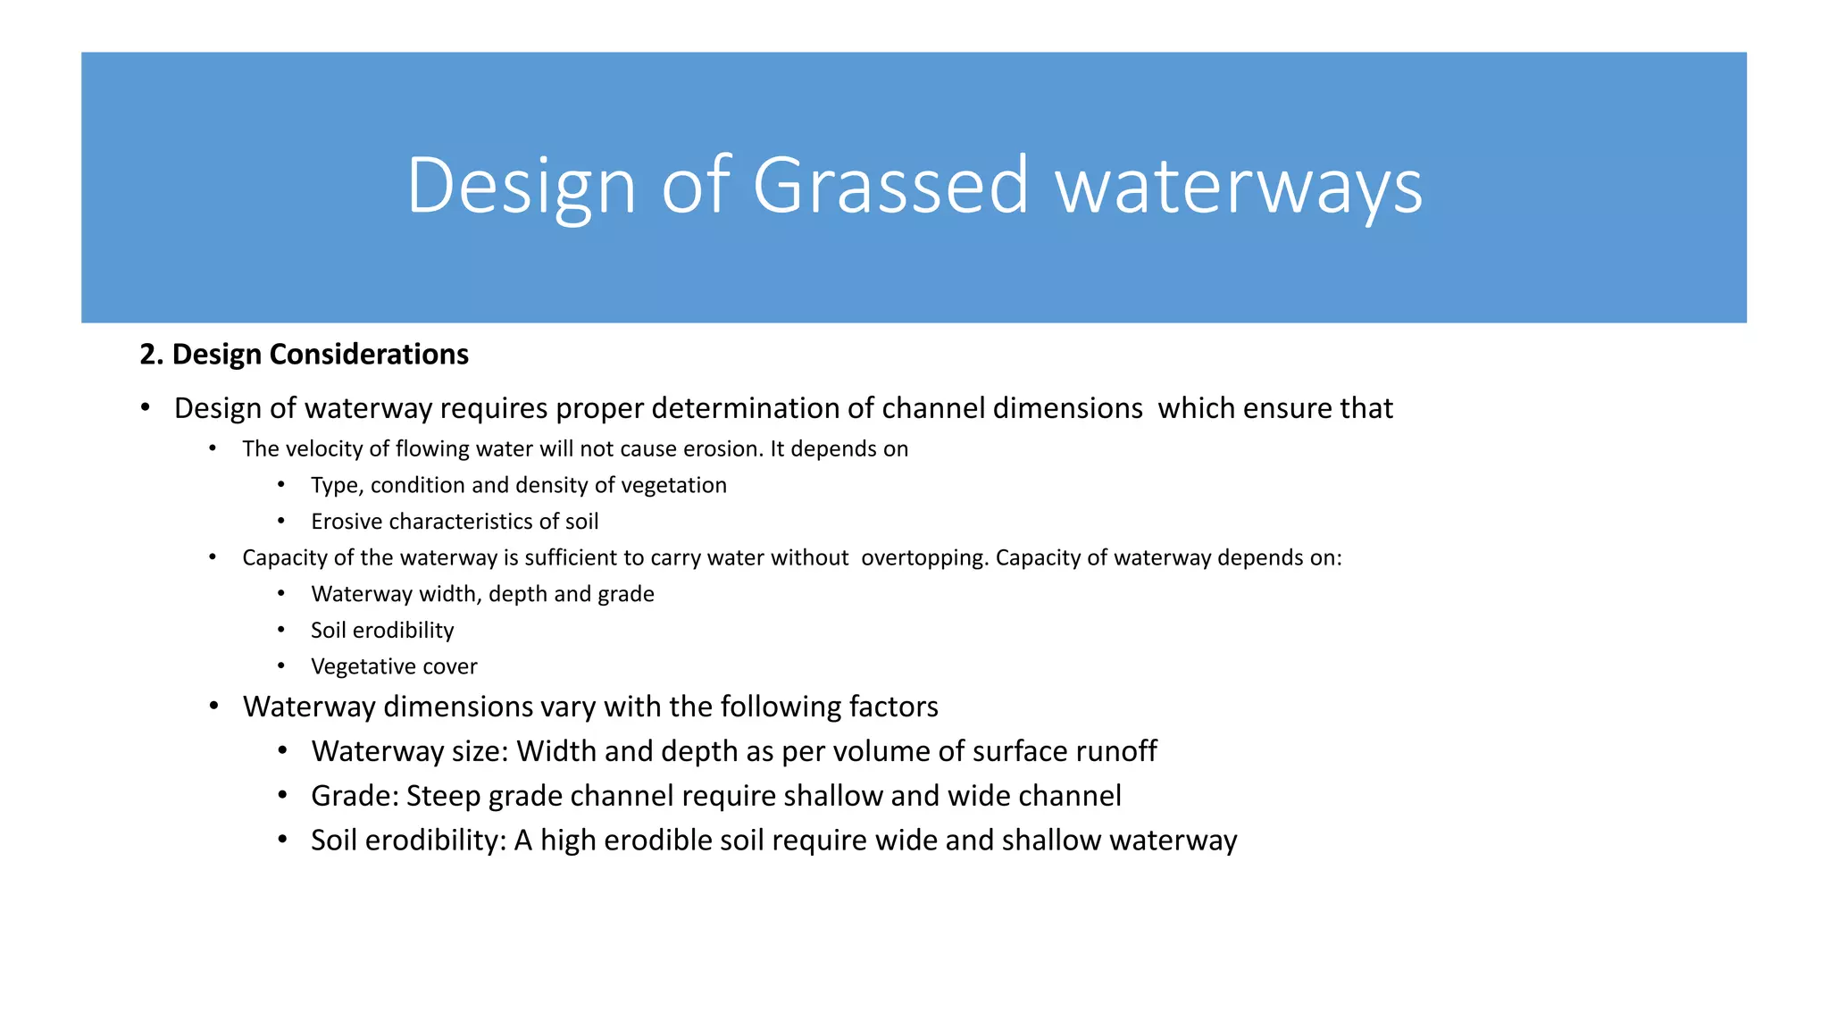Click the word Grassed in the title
click(x=890, y=186)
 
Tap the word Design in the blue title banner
click(x=521, y=186)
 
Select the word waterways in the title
click(x=1239, y=186)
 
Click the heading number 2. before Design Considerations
click(x=152, y=355)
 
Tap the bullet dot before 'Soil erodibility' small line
click(x=281, y=630)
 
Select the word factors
click(x=893, y=707)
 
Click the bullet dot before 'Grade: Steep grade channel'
click(x=282, y=795)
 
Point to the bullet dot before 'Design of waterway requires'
click(x=145, y=407)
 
